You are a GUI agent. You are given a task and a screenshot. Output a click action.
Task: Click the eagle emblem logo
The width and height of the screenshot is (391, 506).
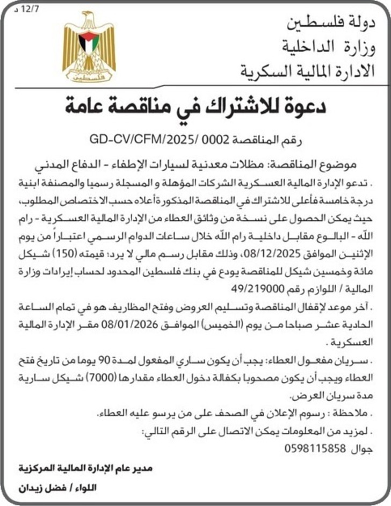click(x=89, y=47)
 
